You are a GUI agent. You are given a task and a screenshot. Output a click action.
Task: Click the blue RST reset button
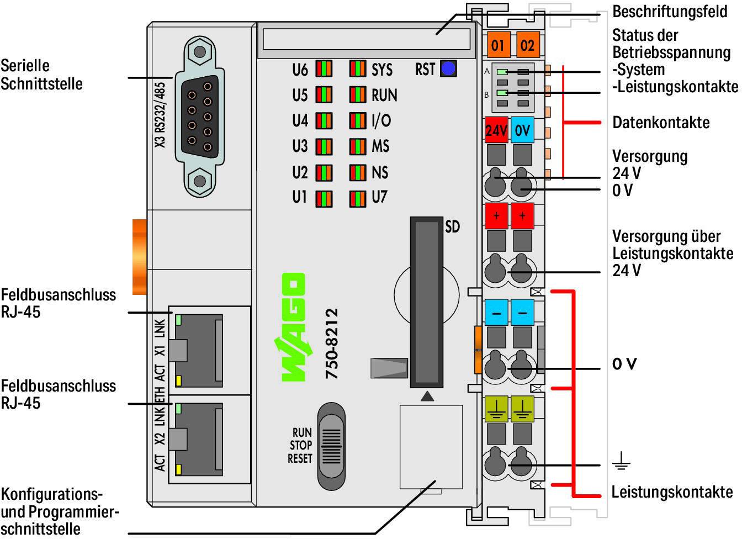pos(448,69)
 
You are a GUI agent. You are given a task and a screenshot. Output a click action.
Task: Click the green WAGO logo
pos(293,327)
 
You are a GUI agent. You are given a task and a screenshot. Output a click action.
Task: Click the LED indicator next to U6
pos(324,69)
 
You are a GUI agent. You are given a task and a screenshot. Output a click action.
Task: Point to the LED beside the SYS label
pos(358,69)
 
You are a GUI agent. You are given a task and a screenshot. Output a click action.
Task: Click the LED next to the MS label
pos(358,146)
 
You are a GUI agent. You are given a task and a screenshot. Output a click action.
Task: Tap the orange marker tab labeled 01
pos(498,45)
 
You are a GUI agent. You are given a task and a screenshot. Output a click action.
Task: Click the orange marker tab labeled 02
pos(527,45)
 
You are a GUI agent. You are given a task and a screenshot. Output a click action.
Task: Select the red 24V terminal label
pos(496,130)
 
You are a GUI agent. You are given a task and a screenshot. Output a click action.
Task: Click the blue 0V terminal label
pos(522,130)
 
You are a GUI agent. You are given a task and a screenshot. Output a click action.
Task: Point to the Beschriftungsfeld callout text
pos(670,12)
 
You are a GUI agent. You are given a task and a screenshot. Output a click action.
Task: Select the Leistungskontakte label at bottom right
pos(672,492)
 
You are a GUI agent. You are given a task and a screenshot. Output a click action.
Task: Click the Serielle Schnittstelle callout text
pos(41,75)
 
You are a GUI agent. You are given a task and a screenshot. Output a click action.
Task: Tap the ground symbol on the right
pos(621,463)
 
